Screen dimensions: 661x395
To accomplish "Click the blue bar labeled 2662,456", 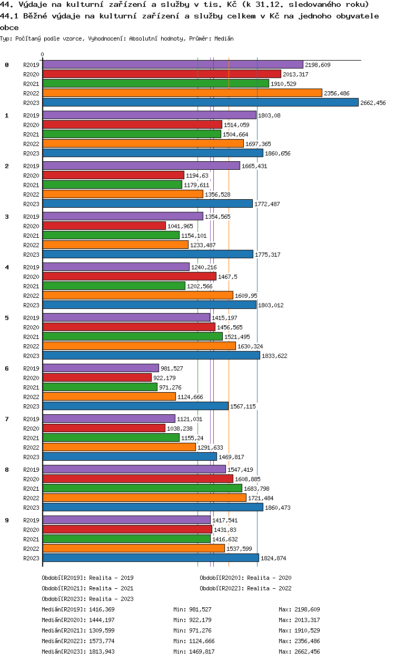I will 200,102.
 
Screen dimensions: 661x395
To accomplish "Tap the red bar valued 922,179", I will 97,377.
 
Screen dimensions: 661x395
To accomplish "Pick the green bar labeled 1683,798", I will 142,488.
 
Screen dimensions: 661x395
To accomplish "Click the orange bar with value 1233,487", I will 115,245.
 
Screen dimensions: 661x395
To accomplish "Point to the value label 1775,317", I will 268,255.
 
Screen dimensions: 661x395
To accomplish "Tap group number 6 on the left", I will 7,368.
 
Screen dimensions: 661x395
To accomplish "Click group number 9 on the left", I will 7,520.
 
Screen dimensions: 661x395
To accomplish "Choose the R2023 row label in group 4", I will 32,305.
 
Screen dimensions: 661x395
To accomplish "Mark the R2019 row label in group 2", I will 32,166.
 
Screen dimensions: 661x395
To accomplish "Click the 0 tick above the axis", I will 43,54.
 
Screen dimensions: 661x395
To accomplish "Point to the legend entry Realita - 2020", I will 245,578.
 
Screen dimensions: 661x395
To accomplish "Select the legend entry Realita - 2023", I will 87,599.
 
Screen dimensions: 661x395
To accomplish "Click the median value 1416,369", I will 102,609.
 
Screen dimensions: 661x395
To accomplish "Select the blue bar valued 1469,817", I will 130,456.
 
